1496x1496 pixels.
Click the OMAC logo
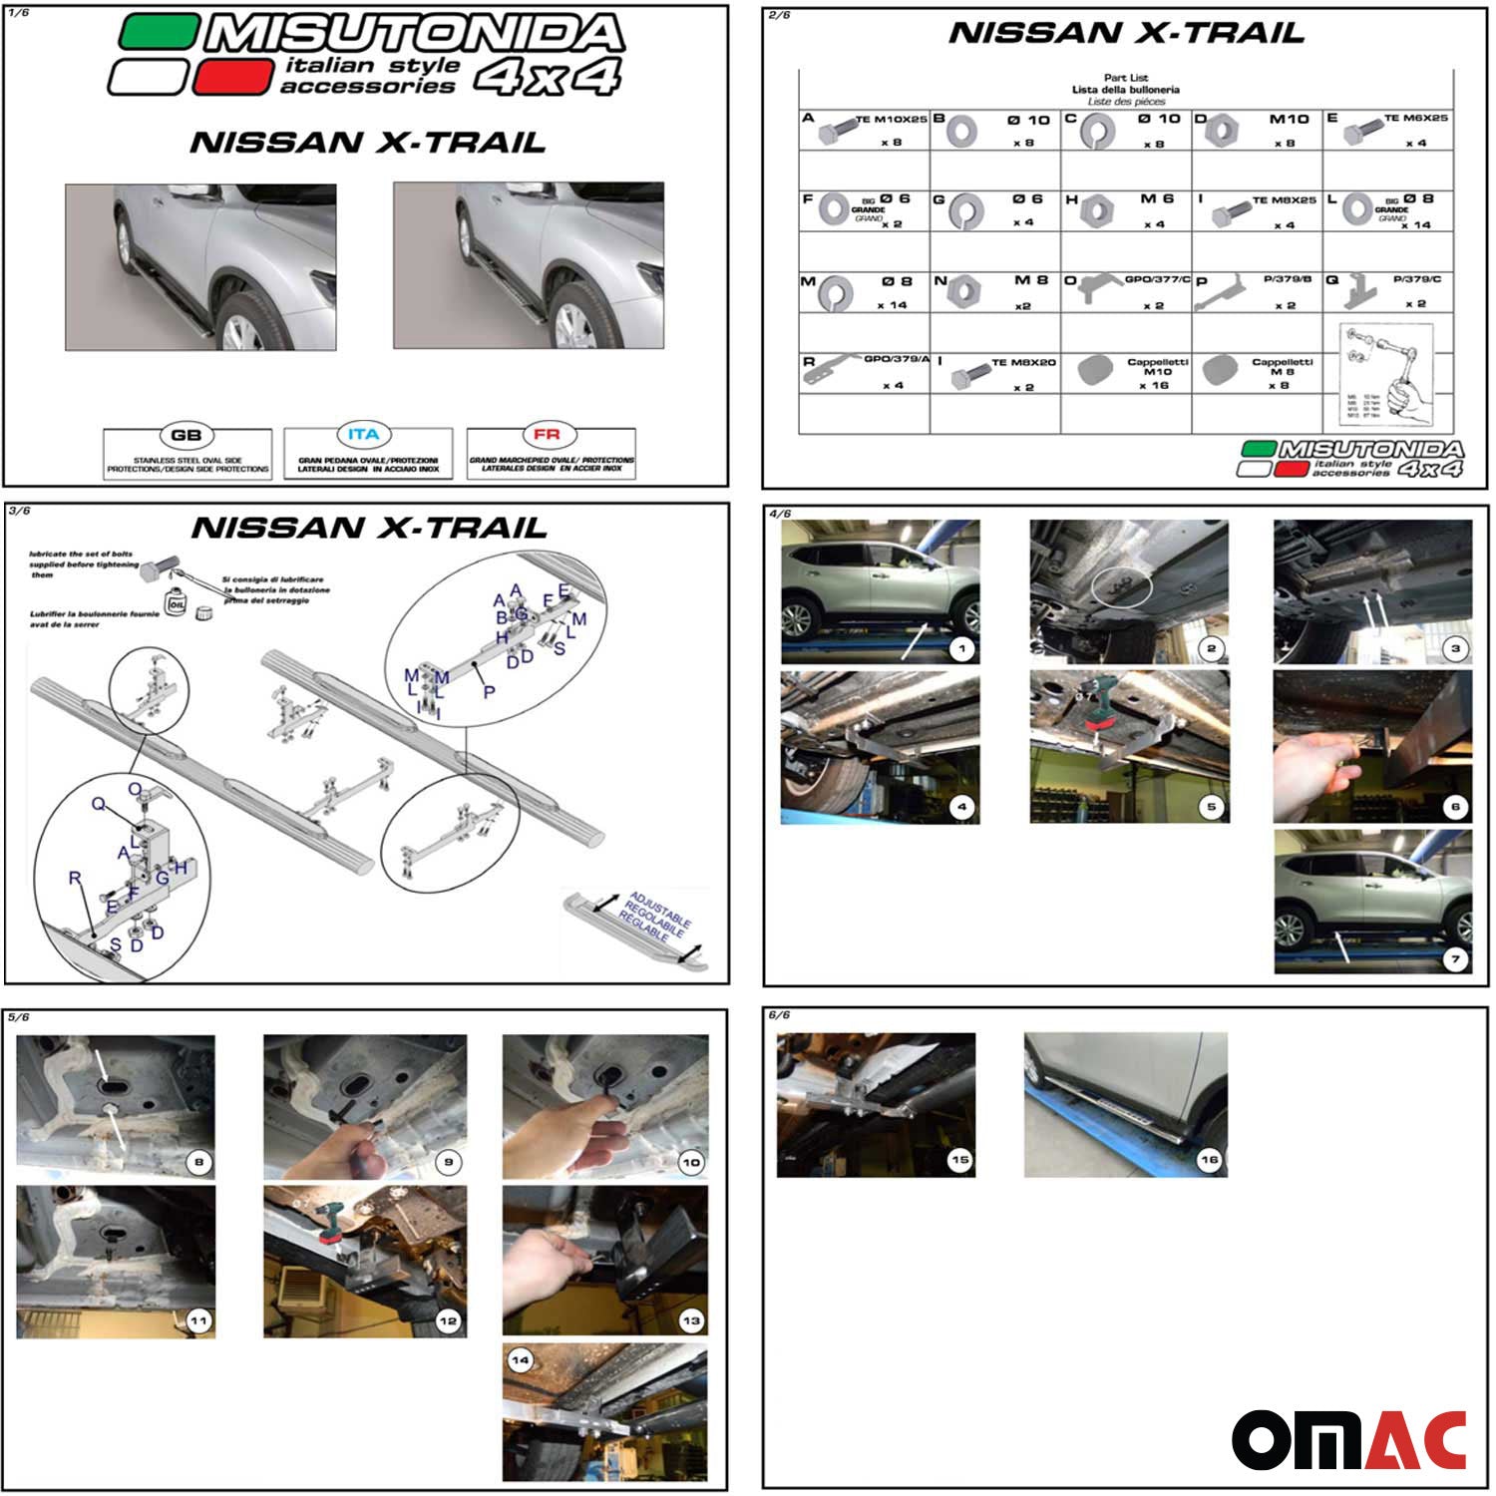point(1348,1439)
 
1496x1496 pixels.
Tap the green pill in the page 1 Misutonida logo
point(158,32)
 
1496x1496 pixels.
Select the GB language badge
point(187,435)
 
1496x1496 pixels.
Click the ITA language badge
point(364,435)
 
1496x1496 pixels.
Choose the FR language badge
point(547,435)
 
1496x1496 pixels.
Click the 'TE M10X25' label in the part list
point(892,119)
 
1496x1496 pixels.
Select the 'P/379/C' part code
point(1416,279)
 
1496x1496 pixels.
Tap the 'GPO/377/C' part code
point(1157,279)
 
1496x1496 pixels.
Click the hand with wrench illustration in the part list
point(1386,375)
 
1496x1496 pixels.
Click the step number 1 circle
point(961,649)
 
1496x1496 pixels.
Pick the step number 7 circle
point(1455,959)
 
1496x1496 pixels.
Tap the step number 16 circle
point(1209,1160)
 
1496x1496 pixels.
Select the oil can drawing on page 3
point(179,604)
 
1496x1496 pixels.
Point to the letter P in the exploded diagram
point(489,691)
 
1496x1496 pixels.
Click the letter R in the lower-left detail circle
point(75,878)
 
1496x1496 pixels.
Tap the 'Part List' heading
point(1126,77)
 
